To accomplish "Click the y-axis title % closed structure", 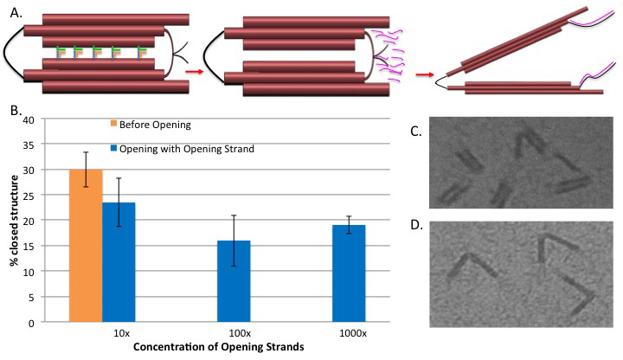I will tap(17, 221).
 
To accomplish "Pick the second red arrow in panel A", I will tap(421, 74).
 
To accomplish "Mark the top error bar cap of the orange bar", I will tap(87, 152).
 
